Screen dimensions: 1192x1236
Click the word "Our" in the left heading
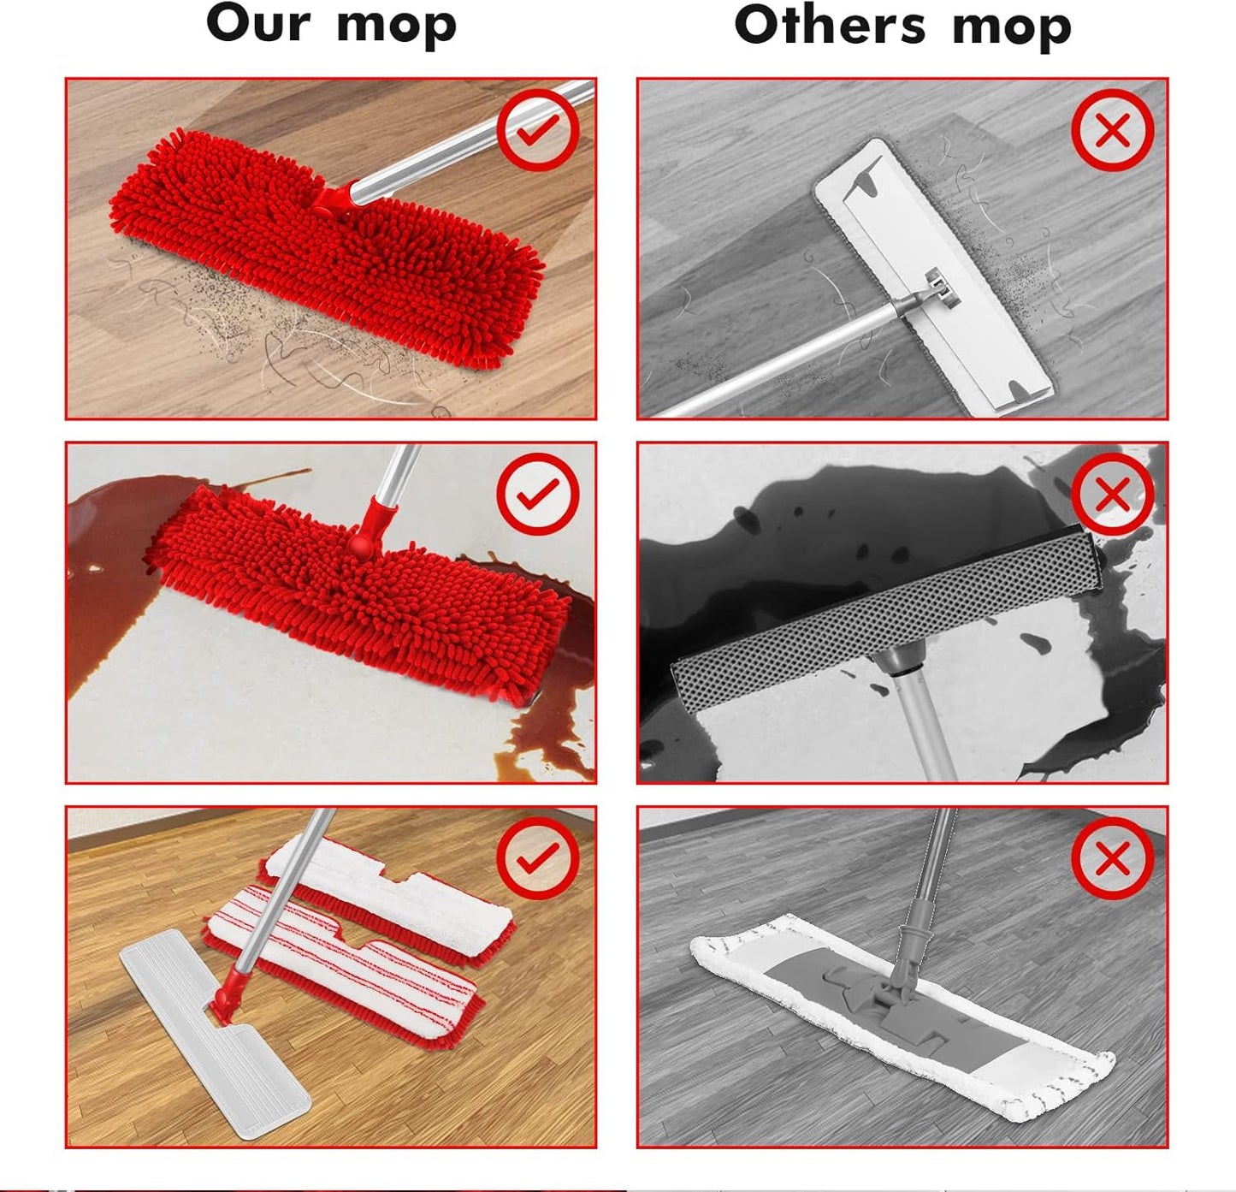[x=257, y=23]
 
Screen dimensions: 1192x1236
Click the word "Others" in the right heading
[x=830, y=25]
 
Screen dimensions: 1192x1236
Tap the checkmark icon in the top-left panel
[x=538, y=129]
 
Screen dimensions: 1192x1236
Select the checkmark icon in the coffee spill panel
[x=538, y=494]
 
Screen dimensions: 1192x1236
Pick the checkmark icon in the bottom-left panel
[x=538, y=857]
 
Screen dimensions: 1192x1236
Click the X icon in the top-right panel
[x=1112, y=130]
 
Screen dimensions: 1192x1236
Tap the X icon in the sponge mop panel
[x=1112, y=494]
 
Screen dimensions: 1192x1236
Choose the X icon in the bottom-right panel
[x=1112, y=857]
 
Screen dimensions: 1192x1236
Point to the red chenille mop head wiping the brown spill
[x=359, y=599]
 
